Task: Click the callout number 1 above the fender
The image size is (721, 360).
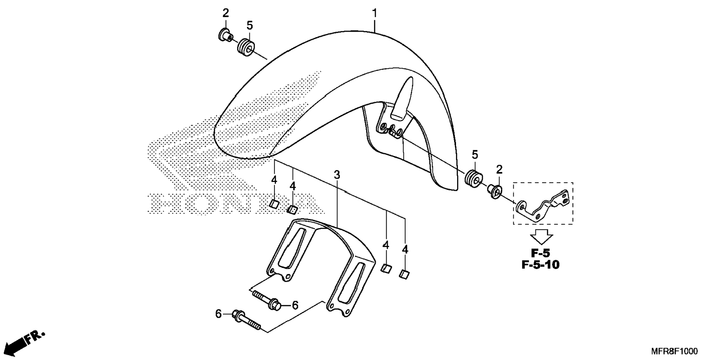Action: (374, 13)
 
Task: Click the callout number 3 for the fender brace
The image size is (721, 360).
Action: (337, 174)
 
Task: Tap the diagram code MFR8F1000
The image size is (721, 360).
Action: (674, 351)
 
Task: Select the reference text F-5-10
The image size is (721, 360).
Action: (540, 265)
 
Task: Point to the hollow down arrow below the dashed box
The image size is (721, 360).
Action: (542, 236)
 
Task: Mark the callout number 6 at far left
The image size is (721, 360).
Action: (218, 314)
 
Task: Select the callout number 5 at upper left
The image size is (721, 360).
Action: (249, 26)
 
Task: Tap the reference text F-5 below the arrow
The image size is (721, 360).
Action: (540, 253)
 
